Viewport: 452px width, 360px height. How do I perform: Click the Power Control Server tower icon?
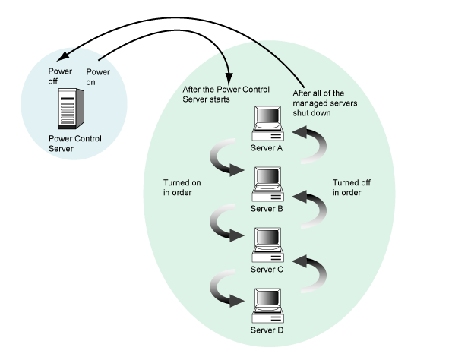coord(71,109)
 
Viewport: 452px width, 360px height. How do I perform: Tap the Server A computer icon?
coord(268,123)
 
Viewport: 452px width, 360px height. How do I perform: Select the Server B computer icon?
coord(268,185)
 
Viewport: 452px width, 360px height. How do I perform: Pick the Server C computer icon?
coord(268,245)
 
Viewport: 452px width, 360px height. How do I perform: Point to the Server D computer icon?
coord(268,306)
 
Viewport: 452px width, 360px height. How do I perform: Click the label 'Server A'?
coord(267,148)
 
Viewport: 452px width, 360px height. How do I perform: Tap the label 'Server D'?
coord(267,330)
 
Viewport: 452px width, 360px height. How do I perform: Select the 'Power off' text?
coord(60,77)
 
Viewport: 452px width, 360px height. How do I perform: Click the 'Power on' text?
coord(98,77)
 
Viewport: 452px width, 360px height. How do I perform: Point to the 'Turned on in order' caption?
coord(182,188)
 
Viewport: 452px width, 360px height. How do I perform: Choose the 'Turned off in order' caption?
coord(352,188)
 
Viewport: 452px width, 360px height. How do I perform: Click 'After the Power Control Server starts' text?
coord(226,94)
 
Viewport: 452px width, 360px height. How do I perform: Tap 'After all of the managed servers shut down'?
coord(325,103)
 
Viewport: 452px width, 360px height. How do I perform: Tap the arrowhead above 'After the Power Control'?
coord(229,78)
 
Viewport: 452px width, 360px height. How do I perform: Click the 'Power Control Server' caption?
coord(75,144)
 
